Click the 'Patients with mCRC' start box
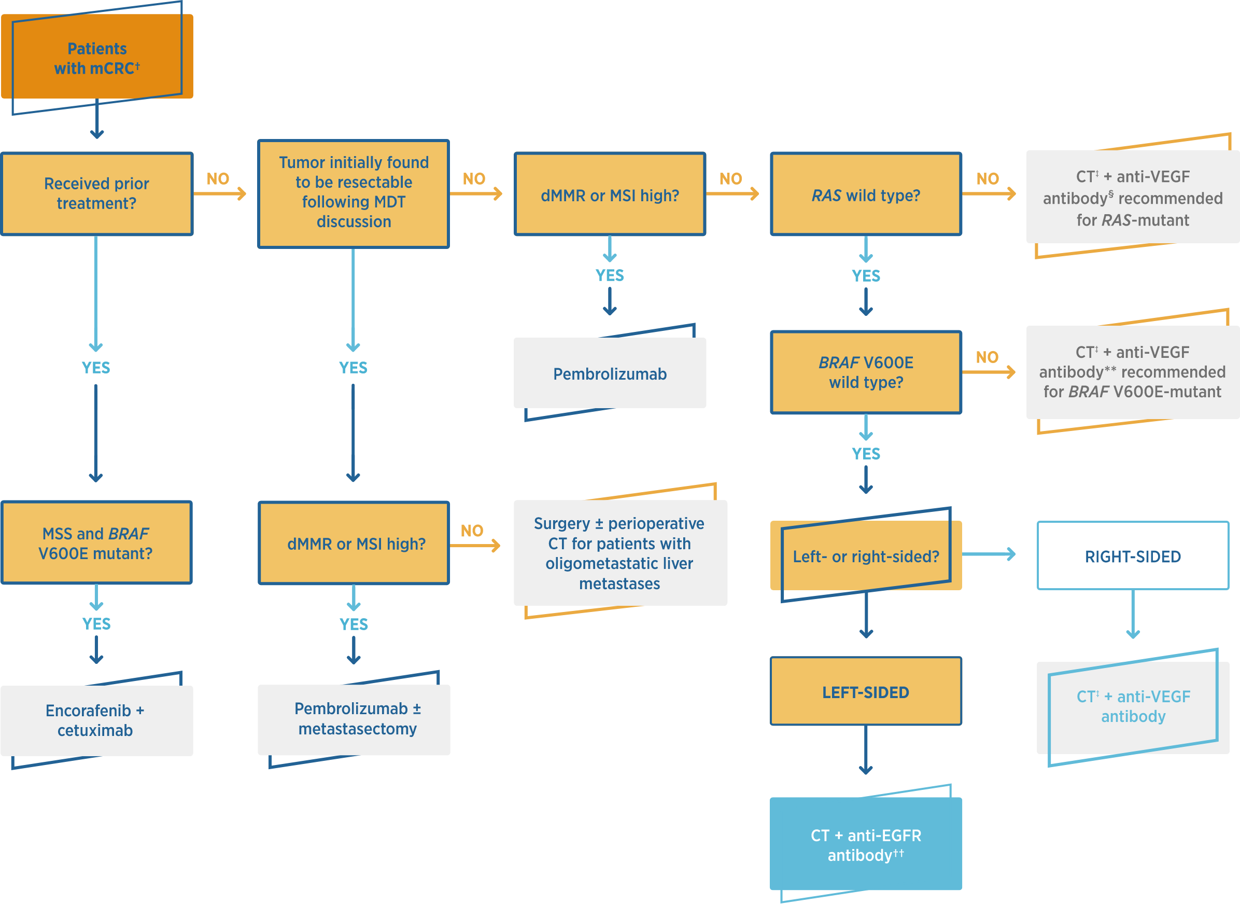click(x=97, y=58)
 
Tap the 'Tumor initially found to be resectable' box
click(x=354, y=192)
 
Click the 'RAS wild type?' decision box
click(x=865, y=194)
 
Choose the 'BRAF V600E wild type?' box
click(x=865, y=372)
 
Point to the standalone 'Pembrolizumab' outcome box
click(x=609, y=373)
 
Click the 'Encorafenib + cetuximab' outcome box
click(x=96, y=720)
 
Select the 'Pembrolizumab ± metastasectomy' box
click(x=354, y=719)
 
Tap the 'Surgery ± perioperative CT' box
click(x=619, y=553)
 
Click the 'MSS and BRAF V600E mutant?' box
click(x=96, y=543)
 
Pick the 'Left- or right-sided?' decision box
click(x=865, y=556)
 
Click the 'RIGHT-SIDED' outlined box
click(x=1132, y=556)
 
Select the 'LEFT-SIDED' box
click(x=865, y=692)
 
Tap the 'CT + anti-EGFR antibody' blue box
click(x=865, y=844)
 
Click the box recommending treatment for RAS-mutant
click(x=1132, y=198)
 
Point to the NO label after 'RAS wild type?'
click(x=988, y=179)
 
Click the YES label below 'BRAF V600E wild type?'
click(x=865, y=454)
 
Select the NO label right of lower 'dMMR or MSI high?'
click(x=472, y=530)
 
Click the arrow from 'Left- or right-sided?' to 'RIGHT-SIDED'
click(x=988, y=554)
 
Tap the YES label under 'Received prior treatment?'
click(x=96, y=367)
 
